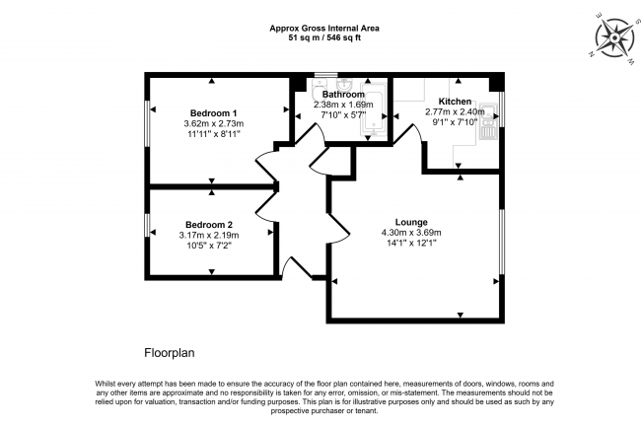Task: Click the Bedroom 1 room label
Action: [213, 113]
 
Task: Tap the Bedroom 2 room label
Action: [209, 225]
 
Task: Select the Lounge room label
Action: [411, 222]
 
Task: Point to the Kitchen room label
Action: [455, 102]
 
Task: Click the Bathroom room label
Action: [343, 95]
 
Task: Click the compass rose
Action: [614, 38]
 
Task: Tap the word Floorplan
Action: [170, 353]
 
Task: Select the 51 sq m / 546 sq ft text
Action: [324, 38]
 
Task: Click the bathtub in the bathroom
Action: [373, 109]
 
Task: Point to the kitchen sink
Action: [488, 121]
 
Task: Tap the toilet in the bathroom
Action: [318, 88]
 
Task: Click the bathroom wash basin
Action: [344, 85]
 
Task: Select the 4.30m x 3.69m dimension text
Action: [411, 233]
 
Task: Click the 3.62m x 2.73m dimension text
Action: [214, 123]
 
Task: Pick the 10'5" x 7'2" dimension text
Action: [209, 246]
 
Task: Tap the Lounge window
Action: [502, 242]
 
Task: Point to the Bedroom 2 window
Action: [148, 225]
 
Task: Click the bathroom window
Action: [326, 75]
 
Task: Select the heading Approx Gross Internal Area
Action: [324, 29]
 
